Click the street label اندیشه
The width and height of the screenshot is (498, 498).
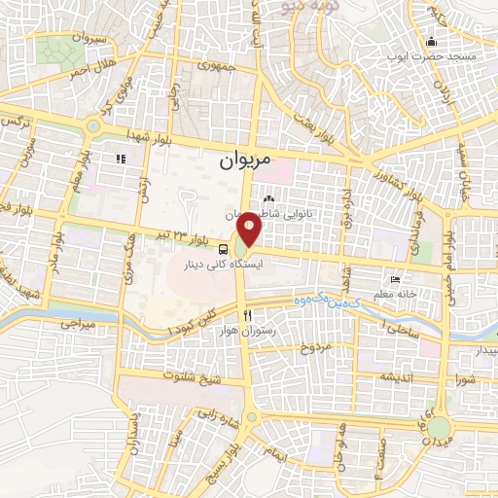(x=399, y=375)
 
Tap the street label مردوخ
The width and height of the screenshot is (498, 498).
(x=315, y=346)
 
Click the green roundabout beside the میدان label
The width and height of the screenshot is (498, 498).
(x=441, y=427)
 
